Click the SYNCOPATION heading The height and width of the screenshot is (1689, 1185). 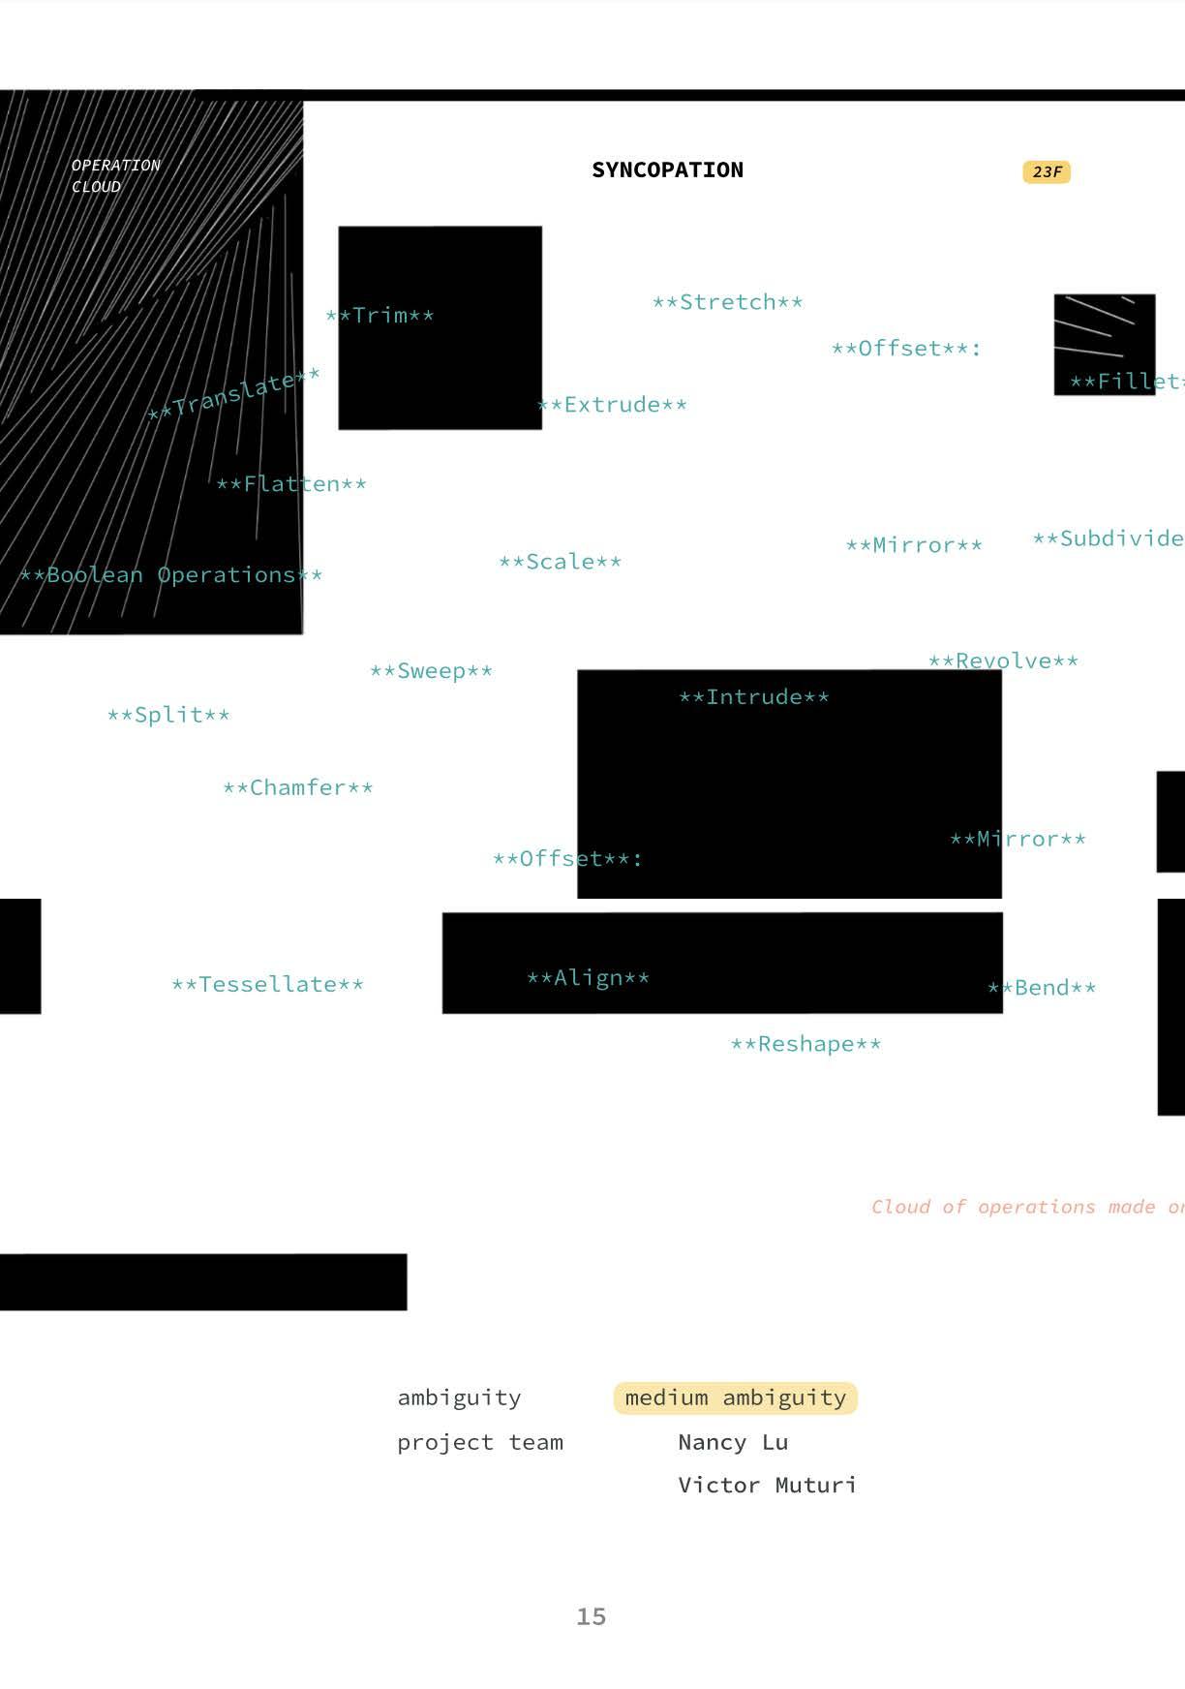click(x=667, y=170)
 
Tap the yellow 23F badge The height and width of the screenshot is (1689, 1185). click(x=1047, y=172)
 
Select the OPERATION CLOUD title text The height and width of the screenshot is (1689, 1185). click(x=115, y=176)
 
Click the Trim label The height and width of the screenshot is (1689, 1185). click(x=380, y=316)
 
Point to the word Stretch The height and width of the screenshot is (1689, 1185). click(x=727, y=302)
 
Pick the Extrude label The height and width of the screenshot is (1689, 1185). click(x=612, y=405)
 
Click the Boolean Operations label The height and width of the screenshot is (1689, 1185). click(x=170, y=575)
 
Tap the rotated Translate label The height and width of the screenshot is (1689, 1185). click(x=233, y=394)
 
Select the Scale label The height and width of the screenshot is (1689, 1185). click(x=560, y=562)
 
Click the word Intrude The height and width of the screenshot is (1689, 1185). click(x=753, y=697)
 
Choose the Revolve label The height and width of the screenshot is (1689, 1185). click(x=1003, y=661)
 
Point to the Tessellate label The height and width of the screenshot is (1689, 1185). click(x=267, y=985)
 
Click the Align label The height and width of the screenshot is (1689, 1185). click(x=588, y=978)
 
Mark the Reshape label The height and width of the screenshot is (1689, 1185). click(x=805, y=1044)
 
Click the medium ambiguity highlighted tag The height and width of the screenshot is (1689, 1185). click(x=735, y=1398)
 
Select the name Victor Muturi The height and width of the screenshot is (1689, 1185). click(x=767, y=1486)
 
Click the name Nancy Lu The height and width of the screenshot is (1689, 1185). click(x=733, y=1443)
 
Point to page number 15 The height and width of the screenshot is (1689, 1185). click(x=591, y=1616)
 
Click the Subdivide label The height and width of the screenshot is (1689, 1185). click(x=1109, y=538)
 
